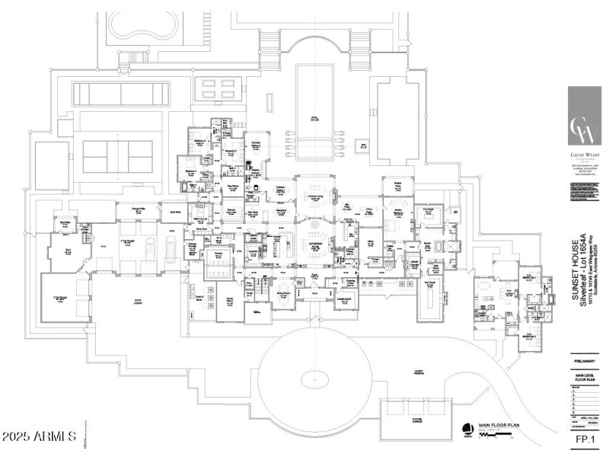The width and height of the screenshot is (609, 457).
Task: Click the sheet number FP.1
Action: click(x=584, y=439)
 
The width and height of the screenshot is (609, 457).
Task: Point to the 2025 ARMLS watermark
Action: click(x=40, y=436)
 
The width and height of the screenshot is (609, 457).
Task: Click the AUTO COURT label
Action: click(x=140, y=302)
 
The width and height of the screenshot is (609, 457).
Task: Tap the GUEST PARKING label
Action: click(x=419, y=372)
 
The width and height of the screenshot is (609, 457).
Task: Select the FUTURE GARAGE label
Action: click(x=416, y=420)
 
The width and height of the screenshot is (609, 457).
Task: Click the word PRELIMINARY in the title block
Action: click(x=584, y=363)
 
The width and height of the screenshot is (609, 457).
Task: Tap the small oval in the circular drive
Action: click(x=314, y=377)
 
